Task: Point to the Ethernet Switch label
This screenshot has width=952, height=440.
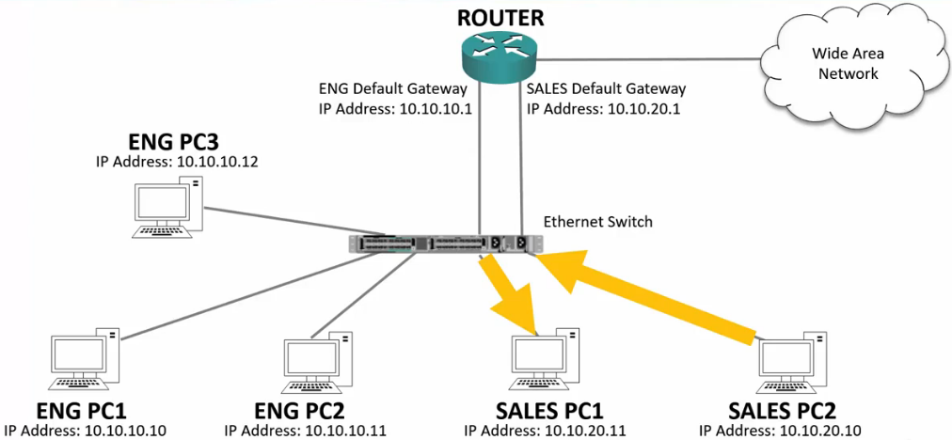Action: pyautogui.click(x=597, y=222)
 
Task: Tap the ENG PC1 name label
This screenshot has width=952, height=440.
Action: pyautogui.click(x=80, y=411)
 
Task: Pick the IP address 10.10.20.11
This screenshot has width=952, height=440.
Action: pyautogui.click(x=547, y=431)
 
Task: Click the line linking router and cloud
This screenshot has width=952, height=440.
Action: pyautogui.click(x=649, y=60)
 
